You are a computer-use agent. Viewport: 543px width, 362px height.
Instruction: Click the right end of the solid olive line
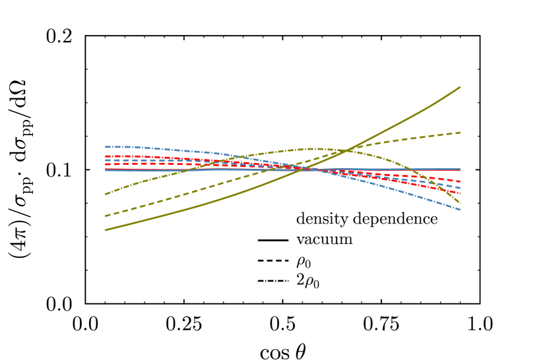(461, 87)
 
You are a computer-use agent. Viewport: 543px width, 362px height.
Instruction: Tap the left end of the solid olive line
(106, 230)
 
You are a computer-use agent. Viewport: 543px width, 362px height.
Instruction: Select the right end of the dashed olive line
(461, 133)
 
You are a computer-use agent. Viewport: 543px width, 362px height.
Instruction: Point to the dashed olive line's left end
(106, 216)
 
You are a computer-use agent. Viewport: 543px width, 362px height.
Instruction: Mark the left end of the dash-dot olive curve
(106, 195)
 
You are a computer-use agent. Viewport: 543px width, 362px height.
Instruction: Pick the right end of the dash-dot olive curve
(461, 204)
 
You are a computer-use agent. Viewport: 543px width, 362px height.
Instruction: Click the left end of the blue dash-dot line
(106, 146)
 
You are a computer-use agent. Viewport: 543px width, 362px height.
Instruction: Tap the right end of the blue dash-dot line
(461, 210)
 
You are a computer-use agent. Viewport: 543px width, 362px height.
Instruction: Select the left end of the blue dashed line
(106, 160)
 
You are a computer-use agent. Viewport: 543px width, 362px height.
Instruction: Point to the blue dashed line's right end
(461, 189)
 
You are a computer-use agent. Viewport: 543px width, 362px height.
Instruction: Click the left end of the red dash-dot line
(106, 156)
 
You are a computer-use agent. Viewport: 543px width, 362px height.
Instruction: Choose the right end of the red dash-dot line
(461, 193)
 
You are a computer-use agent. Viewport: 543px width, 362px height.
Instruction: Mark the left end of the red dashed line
(106, 164)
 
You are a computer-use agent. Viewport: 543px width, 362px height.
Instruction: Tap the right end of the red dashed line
(461, 181)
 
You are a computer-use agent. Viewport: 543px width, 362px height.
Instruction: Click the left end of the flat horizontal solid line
(106, 169)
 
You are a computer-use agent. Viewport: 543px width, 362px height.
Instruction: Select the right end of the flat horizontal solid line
(461, 169)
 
